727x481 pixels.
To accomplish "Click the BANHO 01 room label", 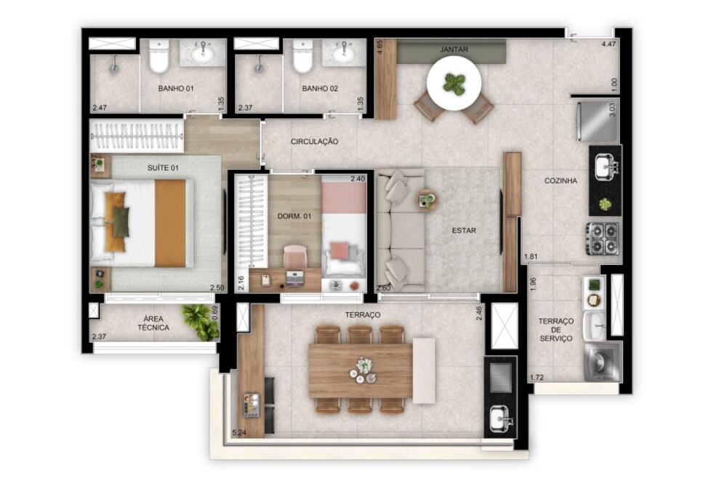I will pyautogui.click(x=176, y=89).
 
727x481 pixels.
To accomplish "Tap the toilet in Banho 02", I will pyautogui.click(x=302, y=57).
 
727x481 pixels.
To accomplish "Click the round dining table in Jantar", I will pyautogui.click(x=454, y=84).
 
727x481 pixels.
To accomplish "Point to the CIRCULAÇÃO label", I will pyautogui.click(x=314, y=141).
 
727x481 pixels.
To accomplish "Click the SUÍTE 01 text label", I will pyautogui.click(x=163, y=167).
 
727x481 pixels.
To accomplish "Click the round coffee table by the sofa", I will pyautogui.click(x=426, y=198).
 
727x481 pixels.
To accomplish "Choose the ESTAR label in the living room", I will pyautogui.click(x=464, y=231).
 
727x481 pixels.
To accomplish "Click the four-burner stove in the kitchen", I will pyautogui.click(x=603, y=238).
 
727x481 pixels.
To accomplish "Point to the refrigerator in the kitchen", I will pyautogui.click(x=598, y=122).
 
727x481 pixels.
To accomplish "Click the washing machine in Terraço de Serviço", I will pyautogui.click(x=603, y=362).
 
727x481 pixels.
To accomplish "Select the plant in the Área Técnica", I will pyautogui.click(x=199, y=320).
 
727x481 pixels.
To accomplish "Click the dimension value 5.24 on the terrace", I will pyautogui.click(x=238, y=433).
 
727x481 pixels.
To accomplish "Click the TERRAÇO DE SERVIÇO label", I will pyautogui.click(x=556, y=330).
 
